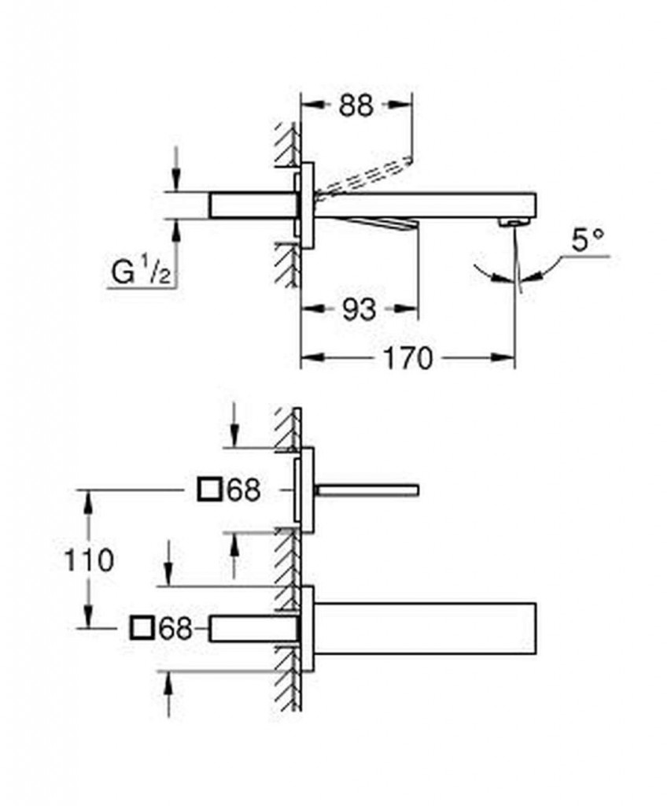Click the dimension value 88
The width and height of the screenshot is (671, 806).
(x=356, y=105)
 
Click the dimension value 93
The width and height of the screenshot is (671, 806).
(x=359, y=309)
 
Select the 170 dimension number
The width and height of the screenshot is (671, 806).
(x=408, y=358)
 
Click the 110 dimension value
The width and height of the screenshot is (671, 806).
(x=88, y=560)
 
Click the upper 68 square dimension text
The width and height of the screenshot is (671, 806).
(x=242, y=491)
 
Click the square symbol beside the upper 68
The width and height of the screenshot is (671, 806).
(x=208, y=491)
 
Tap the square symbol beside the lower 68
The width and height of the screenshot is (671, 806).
(x=142, y=628)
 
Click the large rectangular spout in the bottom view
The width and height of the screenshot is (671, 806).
(x=425, y=628)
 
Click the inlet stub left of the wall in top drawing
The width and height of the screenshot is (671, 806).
(x=252, y=205)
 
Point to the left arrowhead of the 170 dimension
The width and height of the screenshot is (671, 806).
(x=308, y=358)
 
